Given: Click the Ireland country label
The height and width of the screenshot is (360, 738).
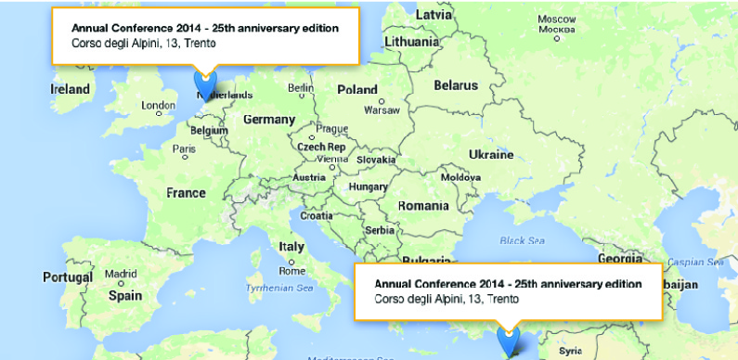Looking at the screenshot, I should coord(71,89).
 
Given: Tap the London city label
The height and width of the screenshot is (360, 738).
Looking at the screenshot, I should coord(158,106).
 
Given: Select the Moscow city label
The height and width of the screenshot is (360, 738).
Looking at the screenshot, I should coord(557,19).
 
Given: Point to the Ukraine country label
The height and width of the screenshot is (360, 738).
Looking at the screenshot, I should coord(490,153).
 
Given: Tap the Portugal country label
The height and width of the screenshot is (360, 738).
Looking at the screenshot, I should coord(68,277).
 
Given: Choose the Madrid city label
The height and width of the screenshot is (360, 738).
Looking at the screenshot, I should coord(121,274).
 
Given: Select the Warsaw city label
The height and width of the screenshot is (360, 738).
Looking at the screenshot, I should coord(382,109).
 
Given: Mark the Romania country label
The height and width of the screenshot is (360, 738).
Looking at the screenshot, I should coord(422,205).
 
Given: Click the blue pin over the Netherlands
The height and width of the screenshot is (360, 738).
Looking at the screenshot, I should coord(205,85).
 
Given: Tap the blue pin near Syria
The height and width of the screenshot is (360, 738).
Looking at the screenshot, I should coord(509,341).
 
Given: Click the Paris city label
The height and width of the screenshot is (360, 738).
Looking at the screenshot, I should coord(184,148).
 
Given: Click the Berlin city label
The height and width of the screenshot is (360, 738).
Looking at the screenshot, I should coord(301,88).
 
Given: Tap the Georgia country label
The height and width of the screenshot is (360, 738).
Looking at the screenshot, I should coord(619,259).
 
